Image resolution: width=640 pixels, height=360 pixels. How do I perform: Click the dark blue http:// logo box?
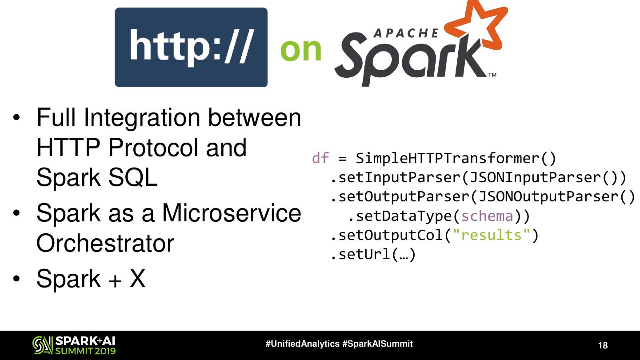click(x=191, y=47)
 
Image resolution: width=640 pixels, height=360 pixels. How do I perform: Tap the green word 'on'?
click(x=301, y=49)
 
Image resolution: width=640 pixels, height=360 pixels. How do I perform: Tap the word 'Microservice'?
click(x=231, y=213)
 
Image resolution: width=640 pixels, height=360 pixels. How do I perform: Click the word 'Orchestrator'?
click(x=105, y=243)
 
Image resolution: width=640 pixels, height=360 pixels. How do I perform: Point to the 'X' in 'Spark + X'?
click(x=137, y=279)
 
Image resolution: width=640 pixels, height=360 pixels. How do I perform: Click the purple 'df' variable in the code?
click(x=320, y=158)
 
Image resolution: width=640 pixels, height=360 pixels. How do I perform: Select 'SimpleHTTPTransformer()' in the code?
click(x=456, y=158)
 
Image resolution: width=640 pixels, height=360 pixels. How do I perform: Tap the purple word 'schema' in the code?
click(x=487, y=216)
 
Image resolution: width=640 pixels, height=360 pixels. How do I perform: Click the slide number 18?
click(x=603, y=346)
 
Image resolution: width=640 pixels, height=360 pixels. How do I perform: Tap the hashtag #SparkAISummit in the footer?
click(x=378, y=344)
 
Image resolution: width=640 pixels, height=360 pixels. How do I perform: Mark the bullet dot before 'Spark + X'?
click(x=17, y=279)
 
